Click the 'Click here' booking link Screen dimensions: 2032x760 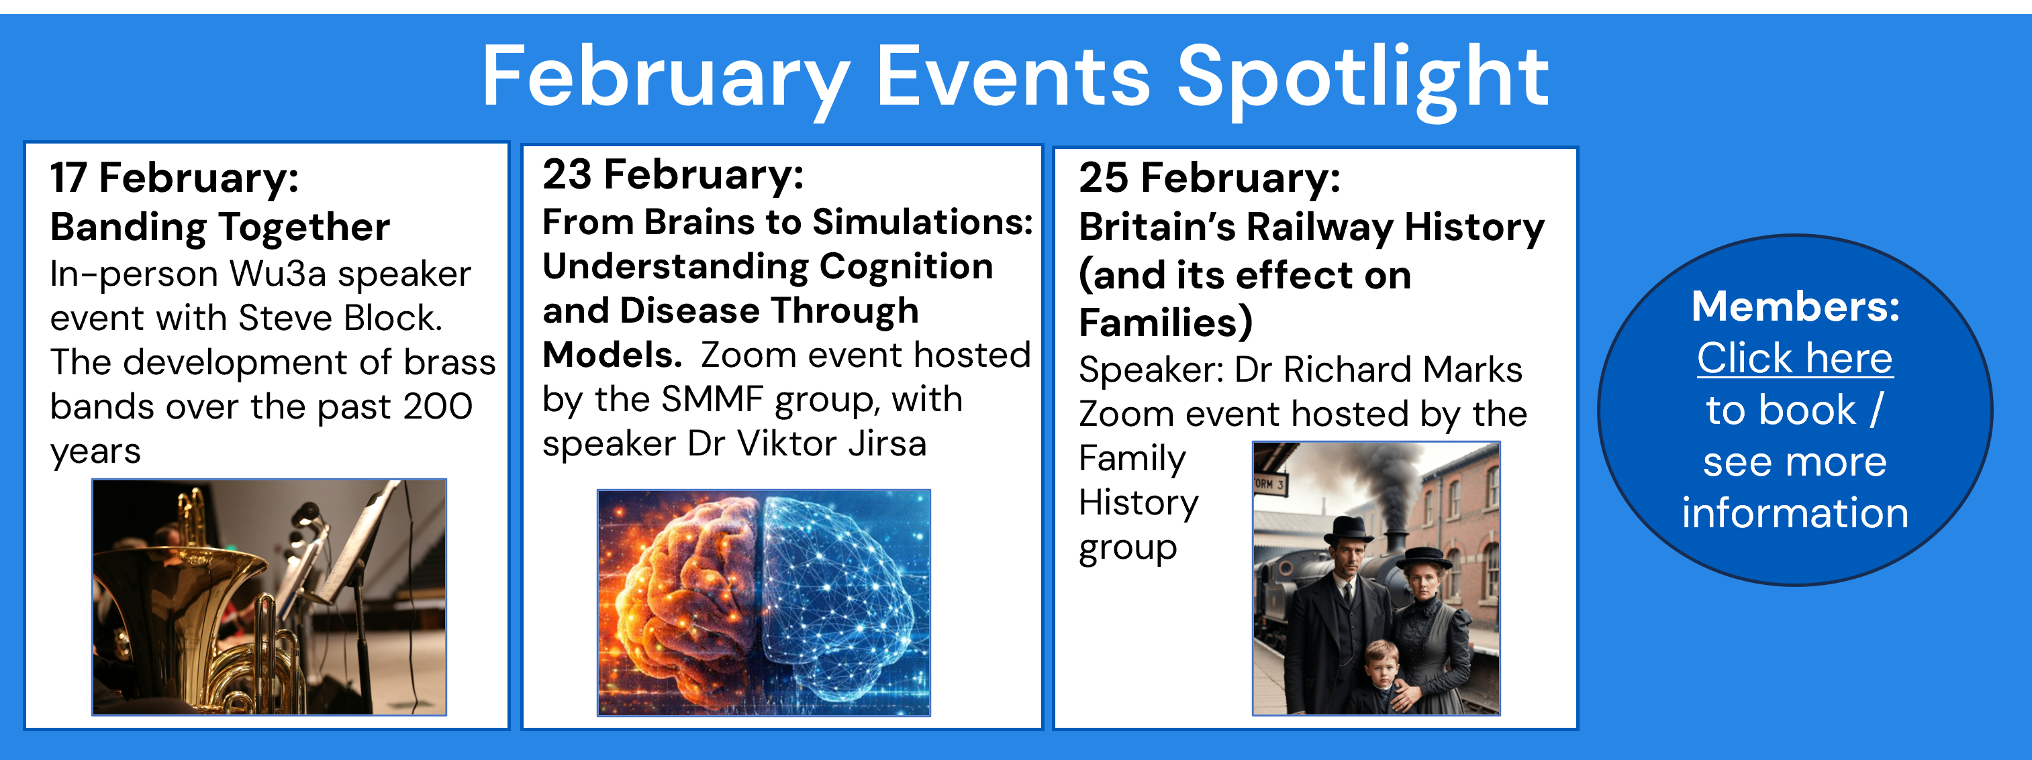1794,359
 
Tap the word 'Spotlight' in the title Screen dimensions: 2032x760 1363,80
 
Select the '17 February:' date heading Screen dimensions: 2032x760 175,177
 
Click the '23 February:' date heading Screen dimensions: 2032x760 673,174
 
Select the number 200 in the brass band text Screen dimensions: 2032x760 438,406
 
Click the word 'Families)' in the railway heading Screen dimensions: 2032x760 1166,323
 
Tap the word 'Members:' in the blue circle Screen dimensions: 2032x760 1795,306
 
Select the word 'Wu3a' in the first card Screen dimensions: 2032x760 278,274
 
